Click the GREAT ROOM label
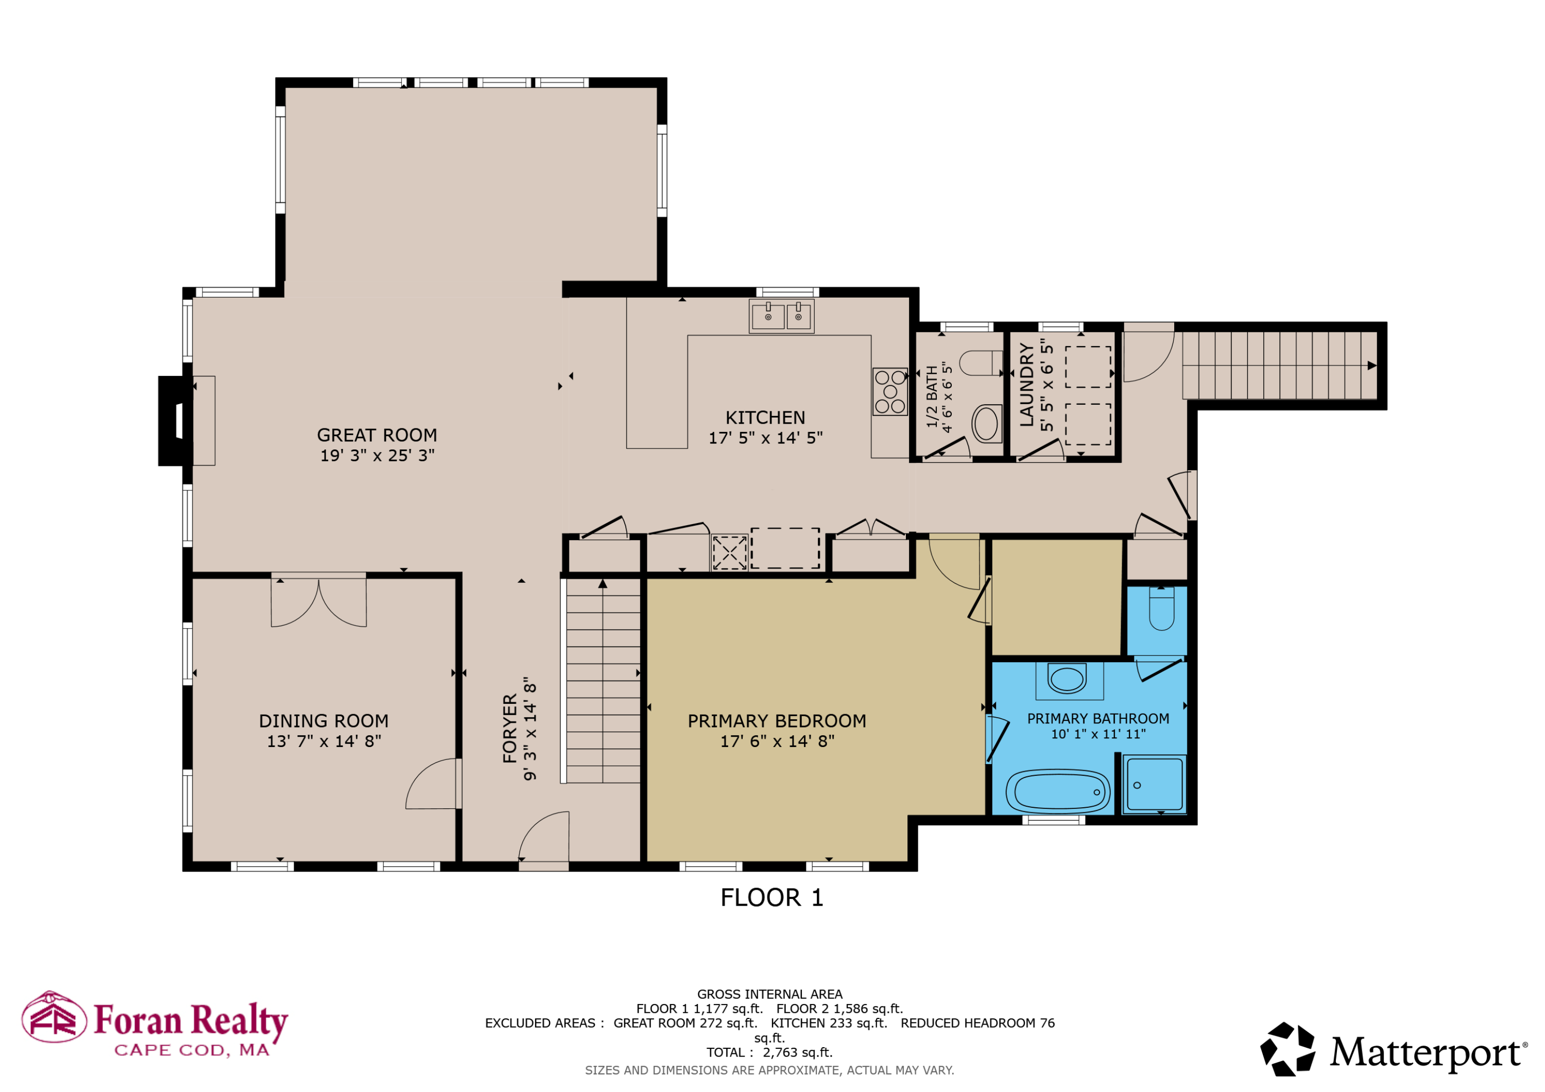tap(377, 436)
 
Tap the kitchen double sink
tap(781, 316)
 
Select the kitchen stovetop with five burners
tap(889, 392)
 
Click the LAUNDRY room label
tap(1026, 385)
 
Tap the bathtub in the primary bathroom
tap(1057, 791)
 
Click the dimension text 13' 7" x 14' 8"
tap(323, 741)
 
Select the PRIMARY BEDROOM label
tap(777, 721)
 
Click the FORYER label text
tap(510, 728)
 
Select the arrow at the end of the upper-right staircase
tap(1371, 366)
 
